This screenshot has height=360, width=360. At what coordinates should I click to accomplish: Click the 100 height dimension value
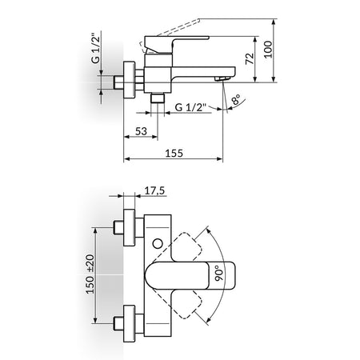point(268,49)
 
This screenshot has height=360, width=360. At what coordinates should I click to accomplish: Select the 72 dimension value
point(250,58)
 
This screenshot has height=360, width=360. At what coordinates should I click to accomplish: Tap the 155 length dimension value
point(174,154)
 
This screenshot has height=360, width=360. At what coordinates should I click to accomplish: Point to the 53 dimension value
point(141,131)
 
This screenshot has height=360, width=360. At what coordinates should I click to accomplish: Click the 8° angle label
point(236,99)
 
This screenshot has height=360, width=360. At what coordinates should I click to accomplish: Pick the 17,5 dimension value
point(154,191)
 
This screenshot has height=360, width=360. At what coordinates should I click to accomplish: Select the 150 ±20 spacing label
point(90,274)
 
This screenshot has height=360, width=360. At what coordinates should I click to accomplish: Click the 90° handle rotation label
point(219,273)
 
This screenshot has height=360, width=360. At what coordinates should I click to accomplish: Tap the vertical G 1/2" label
point(96,48)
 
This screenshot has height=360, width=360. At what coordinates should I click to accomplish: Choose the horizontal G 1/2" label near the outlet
point(191,107)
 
